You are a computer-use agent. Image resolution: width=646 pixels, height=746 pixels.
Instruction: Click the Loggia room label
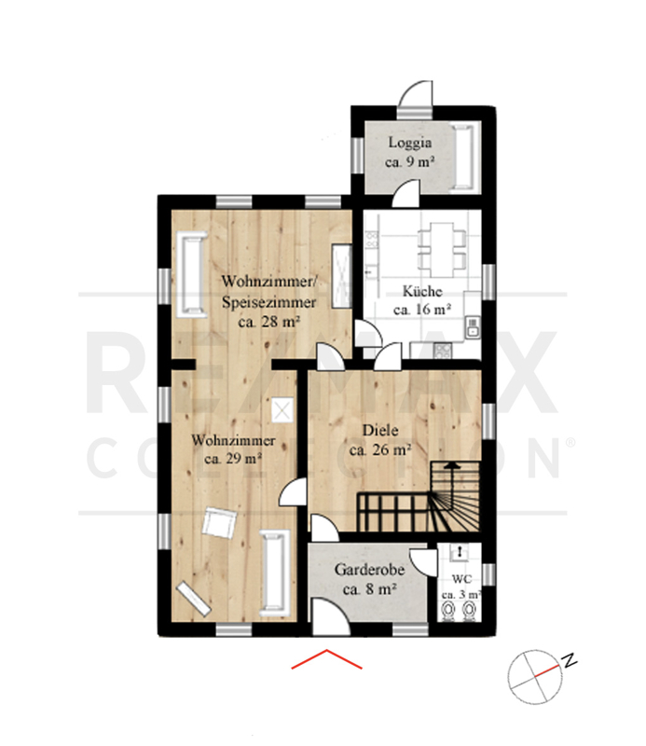[410, 143]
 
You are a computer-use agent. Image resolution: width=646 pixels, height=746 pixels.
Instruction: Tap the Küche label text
[422, 291]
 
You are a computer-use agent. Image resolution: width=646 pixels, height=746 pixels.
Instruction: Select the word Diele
[380, 430]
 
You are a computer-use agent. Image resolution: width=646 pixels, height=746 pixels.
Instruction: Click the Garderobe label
[370, 570]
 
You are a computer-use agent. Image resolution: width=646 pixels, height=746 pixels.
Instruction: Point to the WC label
[461, 579]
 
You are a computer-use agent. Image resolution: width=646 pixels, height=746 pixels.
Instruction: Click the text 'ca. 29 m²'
[233, 459]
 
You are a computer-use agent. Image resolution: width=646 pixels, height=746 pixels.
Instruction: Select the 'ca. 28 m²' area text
[269, 322]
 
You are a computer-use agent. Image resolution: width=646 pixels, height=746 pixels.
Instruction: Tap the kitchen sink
[472, 327]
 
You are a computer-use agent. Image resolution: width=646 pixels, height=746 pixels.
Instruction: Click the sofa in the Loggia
[465, 158]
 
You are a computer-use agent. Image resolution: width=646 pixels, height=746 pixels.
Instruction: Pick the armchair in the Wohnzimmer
[219, 523]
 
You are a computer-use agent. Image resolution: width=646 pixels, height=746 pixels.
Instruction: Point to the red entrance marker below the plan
[327, 659]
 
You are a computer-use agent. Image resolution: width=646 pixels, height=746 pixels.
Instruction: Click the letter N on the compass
[570, 660]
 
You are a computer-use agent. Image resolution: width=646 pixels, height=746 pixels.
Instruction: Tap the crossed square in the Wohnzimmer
[282, 409]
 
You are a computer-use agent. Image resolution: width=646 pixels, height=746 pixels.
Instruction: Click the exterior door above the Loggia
[415, 100]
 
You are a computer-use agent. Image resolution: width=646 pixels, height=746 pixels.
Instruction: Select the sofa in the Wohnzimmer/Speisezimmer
[192, 274]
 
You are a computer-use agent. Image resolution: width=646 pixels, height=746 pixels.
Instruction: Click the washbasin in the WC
[460, 552]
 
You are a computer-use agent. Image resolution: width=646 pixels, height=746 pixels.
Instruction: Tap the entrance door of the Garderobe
[331, 616]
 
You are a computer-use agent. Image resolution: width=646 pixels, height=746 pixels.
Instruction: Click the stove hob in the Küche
[443, 352]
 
